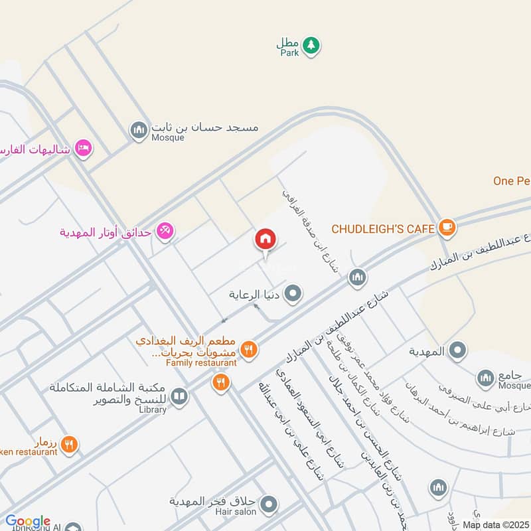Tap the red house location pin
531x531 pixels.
pos(265,240)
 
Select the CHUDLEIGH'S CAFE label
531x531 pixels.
pos(383,229)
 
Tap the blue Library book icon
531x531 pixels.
pos(179,397)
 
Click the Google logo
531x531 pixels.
pos(27,522)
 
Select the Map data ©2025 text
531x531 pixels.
pos(494,524)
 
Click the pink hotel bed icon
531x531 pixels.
pos(83,148)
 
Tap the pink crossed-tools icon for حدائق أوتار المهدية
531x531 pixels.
pos(165,231)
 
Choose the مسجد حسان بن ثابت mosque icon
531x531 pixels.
pos(139,129)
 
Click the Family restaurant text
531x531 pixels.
pos(201,363)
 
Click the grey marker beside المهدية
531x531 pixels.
pos(457,350)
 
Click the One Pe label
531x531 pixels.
pos(512,181)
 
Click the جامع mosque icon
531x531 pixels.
pos(485,378)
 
